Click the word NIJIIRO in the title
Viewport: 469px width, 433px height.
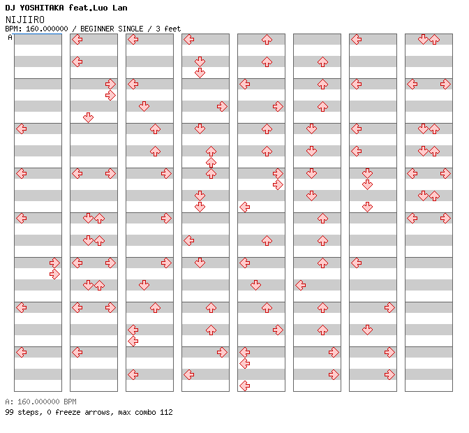point(25,20)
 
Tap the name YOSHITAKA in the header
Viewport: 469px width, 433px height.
point(42,8)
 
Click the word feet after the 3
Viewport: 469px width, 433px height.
point(172,29)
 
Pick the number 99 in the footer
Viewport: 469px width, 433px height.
point(9,412)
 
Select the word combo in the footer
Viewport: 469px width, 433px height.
point(144,412)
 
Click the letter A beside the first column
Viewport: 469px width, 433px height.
point(10,38)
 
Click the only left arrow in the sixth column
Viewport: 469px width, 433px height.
point(301,285)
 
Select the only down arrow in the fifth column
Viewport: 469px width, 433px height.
point(255,285)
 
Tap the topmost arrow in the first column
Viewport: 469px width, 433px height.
point(22,129)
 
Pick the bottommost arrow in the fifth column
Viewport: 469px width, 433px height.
point(245,386)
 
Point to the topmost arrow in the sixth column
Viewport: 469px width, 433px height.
point(322,62)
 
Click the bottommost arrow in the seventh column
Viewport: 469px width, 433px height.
point(389,374)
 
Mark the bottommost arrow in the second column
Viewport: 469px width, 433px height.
point(77,352)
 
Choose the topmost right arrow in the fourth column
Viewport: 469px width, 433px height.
point(222,107)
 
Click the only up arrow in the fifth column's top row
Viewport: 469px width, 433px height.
point(267,40)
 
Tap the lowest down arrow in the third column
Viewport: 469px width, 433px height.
point(144,285)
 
